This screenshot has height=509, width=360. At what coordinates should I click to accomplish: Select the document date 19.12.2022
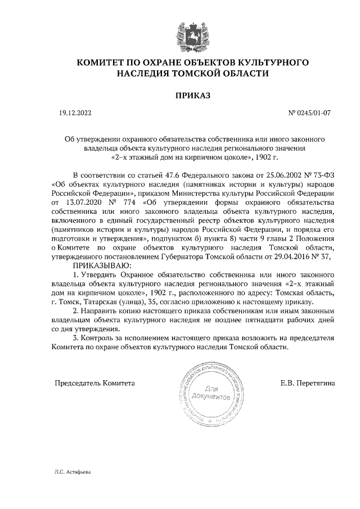tap(75, 113)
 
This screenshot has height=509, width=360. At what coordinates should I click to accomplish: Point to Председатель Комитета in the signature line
tap(94, 384)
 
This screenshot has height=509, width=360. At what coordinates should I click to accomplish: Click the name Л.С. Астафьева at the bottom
tap(69, 472)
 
